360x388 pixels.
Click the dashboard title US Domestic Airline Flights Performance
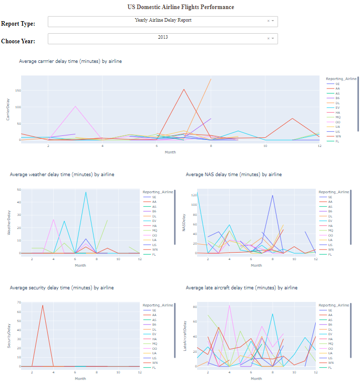click(180, 7)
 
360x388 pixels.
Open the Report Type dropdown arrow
click(273, 21)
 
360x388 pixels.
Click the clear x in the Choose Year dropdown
click(268, 38)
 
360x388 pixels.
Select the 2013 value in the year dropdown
click(163, 37)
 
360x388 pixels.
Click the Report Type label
click(18, 24)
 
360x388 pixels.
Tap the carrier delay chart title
click(70, 61)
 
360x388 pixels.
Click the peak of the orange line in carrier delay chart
click(211, 79)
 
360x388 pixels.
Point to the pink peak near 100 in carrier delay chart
click(75, 106)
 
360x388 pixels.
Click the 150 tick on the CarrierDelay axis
click(18, 91)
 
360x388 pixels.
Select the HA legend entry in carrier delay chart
click(338, 112)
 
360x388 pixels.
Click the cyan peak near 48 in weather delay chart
click(86, 192)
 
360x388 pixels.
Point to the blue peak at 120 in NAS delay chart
click(273, 195)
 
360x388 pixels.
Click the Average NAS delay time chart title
click(233, 174)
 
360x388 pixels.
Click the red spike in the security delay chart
click(43, 305)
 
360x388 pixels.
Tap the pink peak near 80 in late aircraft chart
click(229, 305)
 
